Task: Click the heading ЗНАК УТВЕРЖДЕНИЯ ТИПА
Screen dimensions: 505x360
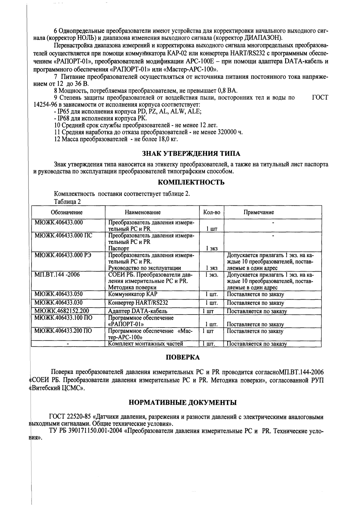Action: point(191,153)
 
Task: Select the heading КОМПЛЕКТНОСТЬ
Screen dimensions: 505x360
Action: point(191,182)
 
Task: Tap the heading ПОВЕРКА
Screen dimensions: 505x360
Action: point(183,357)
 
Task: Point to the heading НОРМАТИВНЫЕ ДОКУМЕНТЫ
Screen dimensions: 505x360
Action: point(183,402)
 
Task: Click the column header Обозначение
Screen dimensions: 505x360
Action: point(66,212)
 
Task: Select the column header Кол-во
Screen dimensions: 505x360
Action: point(212,212)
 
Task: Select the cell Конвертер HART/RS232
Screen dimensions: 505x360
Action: point(138,303)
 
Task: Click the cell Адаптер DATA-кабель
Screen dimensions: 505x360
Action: point(138,311)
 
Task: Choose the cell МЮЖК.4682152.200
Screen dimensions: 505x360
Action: point(62,311)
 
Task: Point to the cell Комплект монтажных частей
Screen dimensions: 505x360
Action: point(145,344)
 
